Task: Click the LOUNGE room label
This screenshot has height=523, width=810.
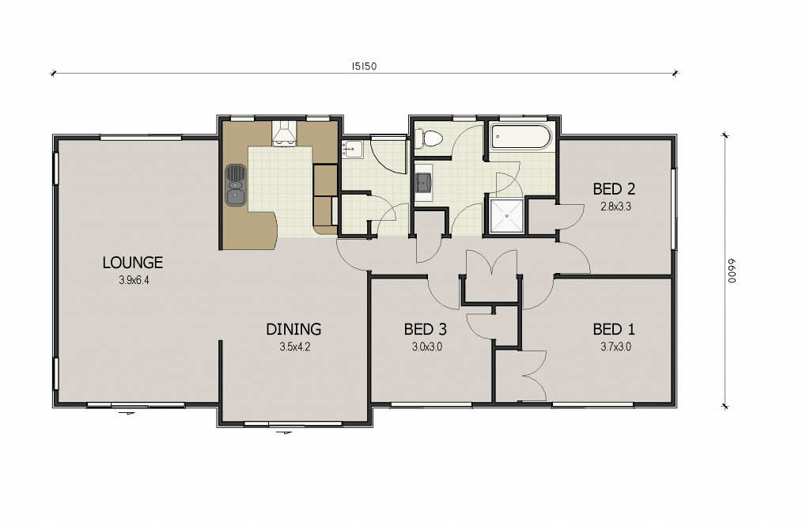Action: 133,263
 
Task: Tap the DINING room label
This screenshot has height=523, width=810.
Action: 293,329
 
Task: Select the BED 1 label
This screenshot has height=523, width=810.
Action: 614,329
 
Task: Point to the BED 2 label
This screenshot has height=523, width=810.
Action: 614,189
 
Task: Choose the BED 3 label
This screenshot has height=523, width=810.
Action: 425,329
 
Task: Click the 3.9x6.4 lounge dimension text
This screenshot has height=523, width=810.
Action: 134,281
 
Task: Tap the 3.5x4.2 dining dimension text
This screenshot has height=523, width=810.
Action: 295,347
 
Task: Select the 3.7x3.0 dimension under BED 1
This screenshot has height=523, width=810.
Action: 615,347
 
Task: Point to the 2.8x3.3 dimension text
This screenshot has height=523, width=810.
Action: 615,207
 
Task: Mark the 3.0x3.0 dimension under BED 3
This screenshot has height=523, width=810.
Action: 427,347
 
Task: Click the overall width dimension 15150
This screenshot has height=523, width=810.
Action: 364,66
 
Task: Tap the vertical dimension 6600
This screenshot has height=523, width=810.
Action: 732,271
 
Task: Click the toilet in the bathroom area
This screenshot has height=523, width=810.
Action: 429,138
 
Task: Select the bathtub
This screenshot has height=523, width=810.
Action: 520,137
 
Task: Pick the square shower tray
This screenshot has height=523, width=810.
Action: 507,215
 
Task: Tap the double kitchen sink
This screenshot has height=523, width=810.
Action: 236,185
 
